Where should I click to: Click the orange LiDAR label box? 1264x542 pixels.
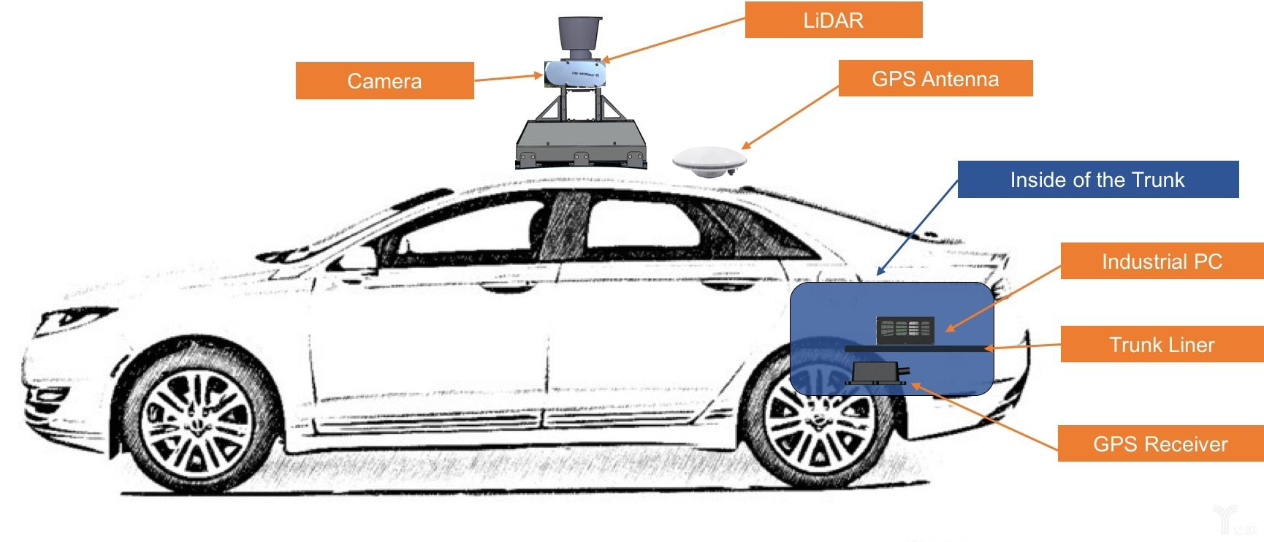(x=833, y=20)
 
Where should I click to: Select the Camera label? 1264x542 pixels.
(x=384, y=80)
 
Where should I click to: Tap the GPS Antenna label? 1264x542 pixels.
(x=935, y=78)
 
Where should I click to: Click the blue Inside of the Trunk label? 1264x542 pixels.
(x=1097, y=179)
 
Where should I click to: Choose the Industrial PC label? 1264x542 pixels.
(x=1162, y=261)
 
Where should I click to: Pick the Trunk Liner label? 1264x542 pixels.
(x=1162, y=344)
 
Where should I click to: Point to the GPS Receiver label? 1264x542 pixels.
(x=1160, y=443)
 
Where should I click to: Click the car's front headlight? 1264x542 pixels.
(x=73, y=320)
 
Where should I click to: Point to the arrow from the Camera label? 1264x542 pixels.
(x=507, y=77)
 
